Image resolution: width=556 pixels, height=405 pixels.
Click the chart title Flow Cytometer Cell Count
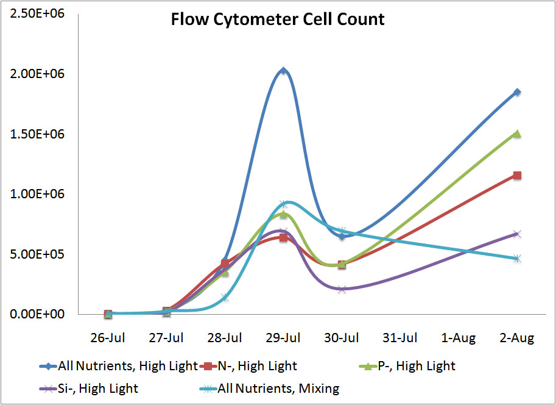[278, 20]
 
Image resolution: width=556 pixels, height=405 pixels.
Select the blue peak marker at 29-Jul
[283, 71]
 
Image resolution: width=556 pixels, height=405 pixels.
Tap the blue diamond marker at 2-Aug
[517, 92]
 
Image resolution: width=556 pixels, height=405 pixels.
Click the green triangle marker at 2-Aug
[517, 134]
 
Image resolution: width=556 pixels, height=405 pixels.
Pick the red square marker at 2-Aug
[517, 176]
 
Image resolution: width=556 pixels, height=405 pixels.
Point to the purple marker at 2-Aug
[517, 234]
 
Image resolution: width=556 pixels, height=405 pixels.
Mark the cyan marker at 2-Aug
[517, 259]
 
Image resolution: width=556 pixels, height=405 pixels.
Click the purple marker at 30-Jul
[342, 289]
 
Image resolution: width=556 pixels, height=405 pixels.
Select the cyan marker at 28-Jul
[225, 298]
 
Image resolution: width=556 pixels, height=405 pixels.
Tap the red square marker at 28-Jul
[225, 263]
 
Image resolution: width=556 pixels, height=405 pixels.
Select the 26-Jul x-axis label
[108, 338]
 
